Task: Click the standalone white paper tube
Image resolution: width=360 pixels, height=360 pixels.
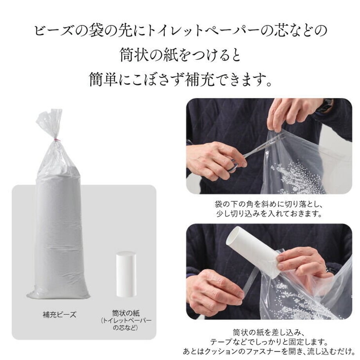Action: tap(126, 274)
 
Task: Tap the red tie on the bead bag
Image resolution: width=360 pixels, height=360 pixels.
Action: tap(56, 139)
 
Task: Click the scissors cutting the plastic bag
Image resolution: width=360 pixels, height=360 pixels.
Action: tap(255, 153)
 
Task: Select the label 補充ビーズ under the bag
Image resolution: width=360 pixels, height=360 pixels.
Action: tap(59, 315)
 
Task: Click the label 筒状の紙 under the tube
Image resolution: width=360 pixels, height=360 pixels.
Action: tap(126, 313)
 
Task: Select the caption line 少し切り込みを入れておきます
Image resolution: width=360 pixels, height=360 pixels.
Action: tap(269, 214)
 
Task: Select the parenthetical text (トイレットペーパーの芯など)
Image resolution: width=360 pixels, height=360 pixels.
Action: tap(126, 324)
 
